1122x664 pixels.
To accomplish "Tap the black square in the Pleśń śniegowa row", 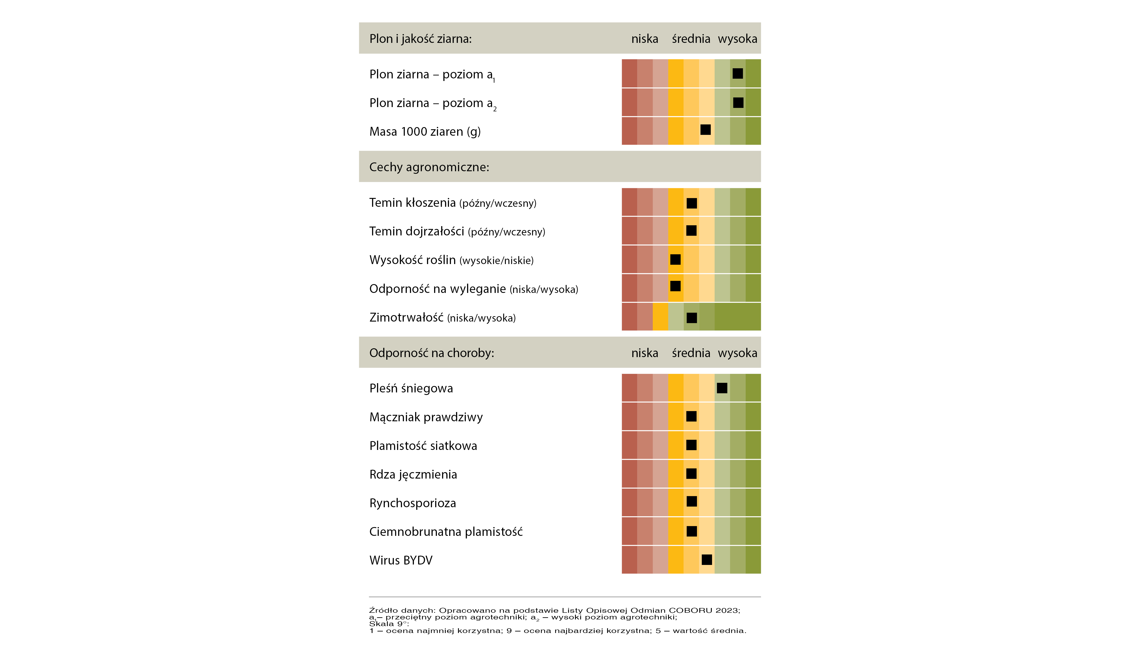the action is point(722,388).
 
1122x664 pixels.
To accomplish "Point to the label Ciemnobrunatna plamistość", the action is point(446,532).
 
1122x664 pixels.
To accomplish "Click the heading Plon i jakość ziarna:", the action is point(420,39).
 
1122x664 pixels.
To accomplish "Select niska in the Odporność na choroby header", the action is point(644,353).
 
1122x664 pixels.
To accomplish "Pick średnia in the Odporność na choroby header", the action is point(691,353).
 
